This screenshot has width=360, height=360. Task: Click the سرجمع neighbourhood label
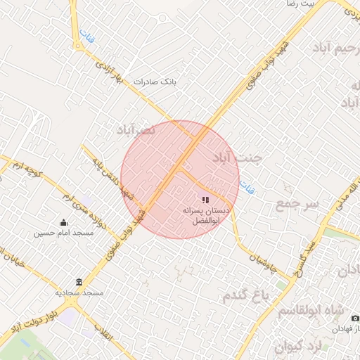[x=297, y=204]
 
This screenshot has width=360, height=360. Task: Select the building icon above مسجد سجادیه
[x=79, y=282]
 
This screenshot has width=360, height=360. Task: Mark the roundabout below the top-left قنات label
[x=76, y=46]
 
